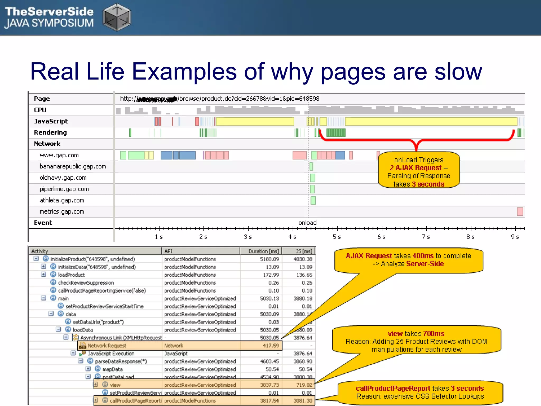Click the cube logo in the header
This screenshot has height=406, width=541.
pyautogui.click(x=117, y=17)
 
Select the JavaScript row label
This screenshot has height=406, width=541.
pyautogui.click(x=51, y=121)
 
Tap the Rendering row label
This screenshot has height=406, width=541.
pyautogui.click(x=50, y=132)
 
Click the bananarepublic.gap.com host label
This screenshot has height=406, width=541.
pyautogui.click(x=73, y=167)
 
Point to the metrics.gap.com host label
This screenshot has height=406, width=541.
pyautogui.click(x=62, y=212)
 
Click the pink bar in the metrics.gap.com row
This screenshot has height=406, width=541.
pyautogui.click(x=520, y=212)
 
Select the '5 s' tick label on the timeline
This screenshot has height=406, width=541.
pyautogui.click(x=337, y=237)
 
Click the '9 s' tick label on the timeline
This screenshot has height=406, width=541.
pyautogui.click(x=515, y=237)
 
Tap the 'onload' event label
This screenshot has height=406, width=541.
pyautogui.click(x=307, y=223)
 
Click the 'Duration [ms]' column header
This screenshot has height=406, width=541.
pyautogui.click(x=263, y=251)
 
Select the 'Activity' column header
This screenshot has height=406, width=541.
pyautogui.click(x=40, y=251)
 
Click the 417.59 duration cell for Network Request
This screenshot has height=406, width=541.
pyautogui.click(x=271, y=346)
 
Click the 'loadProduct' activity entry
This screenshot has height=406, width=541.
pyautogui.click(x=71, y=275)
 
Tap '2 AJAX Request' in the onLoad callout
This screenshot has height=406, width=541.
pyautogui.click(x=416, y=168)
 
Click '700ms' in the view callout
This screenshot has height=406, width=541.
pyautogui.click(x=433, y=334)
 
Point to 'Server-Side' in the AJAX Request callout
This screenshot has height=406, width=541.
pyautogui.click(x=425, y=264)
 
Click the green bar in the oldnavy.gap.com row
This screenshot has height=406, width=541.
pyautogui.click(x=313, y=178)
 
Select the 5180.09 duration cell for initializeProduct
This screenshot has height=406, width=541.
pyautogui.click(x=269, y=259)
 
